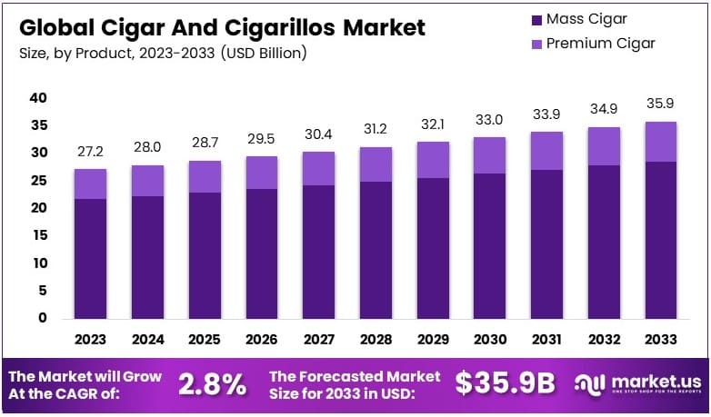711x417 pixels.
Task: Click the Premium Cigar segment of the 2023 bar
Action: click(91, 184)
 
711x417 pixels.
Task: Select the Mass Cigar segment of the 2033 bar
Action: click(660, 240)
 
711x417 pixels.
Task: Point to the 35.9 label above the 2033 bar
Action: click(661, 103)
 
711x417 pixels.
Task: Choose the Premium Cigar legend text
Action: click(600, 43)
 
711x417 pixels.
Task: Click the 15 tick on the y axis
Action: click(38, 236)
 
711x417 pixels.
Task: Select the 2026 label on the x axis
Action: click(262, 340)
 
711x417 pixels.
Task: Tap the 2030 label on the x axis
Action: click(489, 340)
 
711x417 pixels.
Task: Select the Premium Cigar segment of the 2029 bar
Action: click(433, 159)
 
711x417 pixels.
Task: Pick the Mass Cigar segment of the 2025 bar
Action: click(205, 255)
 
